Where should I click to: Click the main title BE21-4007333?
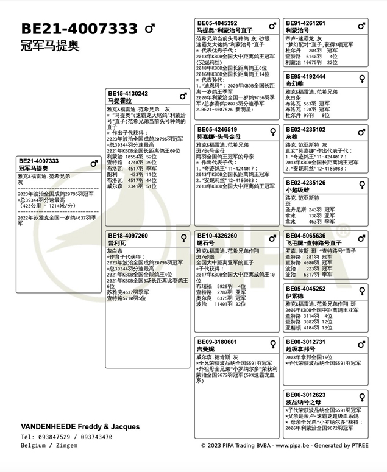(x=79, y=29)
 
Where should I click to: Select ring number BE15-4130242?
(x=128, y=93)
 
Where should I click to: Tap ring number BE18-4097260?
(x=128, y=235)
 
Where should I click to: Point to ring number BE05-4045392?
(x=217, y=23)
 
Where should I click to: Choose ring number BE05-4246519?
(x=217, y=130)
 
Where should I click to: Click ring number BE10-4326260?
(x=217, y=235)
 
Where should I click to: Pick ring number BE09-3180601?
(x=217, y=342)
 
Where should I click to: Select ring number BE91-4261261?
(x=306, y=23)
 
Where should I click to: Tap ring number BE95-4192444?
(x=306, y=77)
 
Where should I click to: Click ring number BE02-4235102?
(x=306, y=130)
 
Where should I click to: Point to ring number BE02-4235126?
(x=306, y=183)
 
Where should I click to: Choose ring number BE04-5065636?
(x=306, y=235)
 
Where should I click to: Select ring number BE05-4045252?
(x=306, y=289)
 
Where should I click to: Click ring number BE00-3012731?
(x=306, y=342)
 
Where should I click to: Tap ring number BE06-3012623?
(x=306, y=395)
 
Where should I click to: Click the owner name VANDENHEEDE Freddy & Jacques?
(x=80, y=426)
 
